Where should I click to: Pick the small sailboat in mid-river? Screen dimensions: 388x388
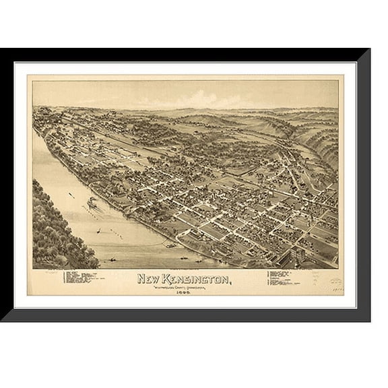pos(101,231)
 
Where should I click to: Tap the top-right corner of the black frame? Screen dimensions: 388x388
pos(368,51)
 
